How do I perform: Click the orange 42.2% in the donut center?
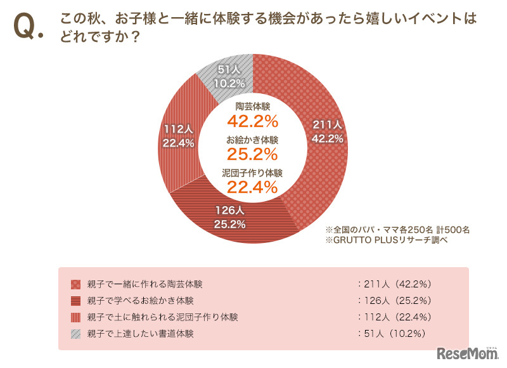pyautogui.click(x=253, y=121)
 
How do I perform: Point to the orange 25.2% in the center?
pyautogui.click(x=253, y=154)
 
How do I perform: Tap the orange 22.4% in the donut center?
pyautogui.click(x=253, y=187)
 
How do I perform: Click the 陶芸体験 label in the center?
pyautogui.click(x=253, y=106)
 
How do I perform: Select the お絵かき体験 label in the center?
pyautogui.click(x=253, y=139)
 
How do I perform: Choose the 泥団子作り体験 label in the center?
pyautogui.click(x=253, y=172)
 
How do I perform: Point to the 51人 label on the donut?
pyautogui.click(x=228, y=69)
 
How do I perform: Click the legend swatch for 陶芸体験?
pyautogui.click(x=75, y=284)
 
